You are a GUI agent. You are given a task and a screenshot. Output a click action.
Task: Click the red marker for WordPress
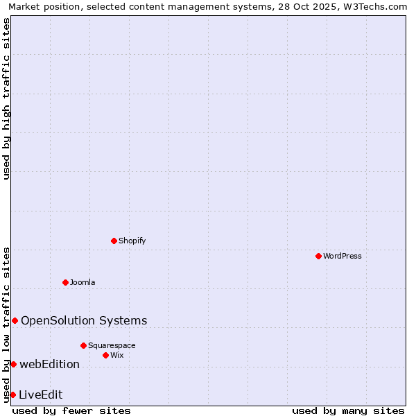coord(318,256)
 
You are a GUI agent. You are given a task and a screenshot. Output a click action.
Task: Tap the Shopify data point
coord(114,241)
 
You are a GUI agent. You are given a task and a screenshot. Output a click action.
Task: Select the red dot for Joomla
coord(65,282)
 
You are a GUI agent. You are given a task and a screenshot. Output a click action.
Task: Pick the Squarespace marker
coord(83,345)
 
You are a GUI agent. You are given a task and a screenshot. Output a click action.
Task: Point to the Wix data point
coord(105,355)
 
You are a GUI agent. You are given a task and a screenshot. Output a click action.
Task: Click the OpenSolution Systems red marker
coord(15,320)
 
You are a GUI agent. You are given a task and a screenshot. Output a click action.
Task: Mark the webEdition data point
coord(13,364)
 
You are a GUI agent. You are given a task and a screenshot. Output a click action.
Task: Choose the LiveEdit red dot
coord(12,395)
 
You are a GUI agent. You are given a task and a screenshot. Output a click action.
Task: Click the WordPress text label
coord(343,257)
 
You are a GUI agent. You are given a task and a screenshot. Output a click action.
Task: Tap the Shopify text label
coord(132,241)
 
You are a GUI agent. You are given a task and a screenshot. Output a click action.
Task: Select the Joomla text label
coord(83,283)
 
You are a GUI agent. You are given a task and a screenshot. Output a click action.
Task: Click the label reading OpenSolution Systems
coord(84,320)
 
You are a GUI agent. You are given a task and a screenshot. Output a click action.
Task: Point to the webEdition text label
coord(49,364)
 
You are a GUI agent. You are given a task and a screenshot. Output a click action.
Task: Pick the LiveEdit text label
coord(40,395)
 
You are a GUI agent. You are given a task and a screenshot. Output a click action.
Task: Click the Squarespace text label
coord(112,346)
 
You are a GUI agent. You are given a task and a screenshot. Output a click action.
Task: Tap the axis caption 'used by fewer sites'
coord(71,410)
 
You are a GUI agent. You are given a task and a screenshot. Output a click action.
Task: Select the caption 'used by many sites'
coord(348,410)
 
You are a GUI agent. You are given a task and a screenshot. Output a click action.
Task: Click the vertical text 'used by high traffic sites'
coord(6,98)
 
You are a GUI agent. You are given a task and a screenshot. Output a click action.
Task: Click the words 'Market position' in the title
coord(41,7)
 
